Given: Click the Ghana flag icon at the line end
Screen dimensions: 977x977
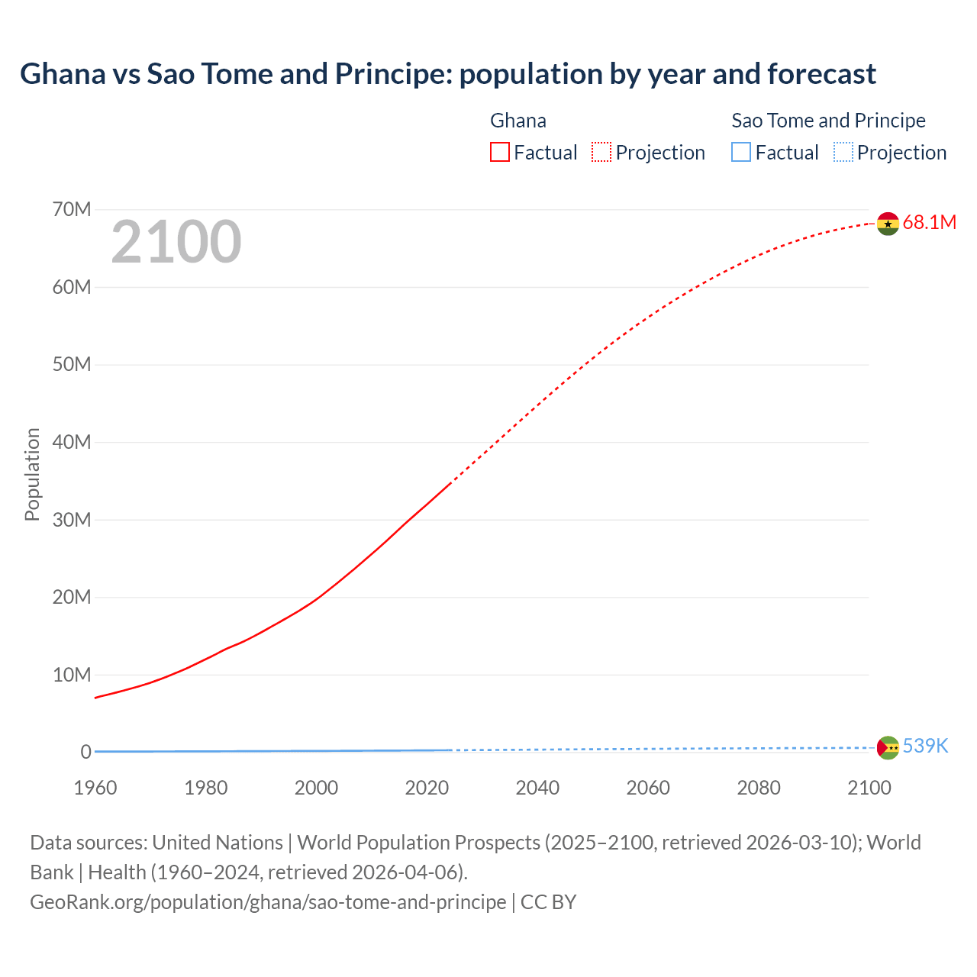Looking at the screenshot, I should tap(888, 224).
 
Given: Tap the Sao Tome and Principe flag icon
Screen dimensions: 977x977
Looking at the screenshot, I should tap(888, 748).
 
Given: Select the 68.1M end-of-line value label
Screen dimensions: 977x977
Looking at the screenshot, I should tap(929, 223).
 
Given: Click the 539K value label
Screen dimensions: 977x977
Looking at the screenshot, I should tap(925, 746).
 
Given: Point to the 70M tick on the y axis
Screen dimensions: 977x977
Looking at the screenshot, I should tap(72, 209).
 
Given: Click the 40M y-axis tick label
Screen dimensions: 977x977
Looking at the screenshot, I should tap(72, 442).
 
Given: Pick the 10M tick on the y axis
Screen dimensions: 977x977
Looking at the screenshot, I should tap(72, 675).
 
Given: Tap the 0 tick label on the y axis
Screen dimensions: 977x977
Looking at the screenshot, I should tap(85, 753).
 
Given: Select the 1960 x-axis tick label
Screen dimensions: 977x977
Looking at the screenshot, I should tap(95, 788).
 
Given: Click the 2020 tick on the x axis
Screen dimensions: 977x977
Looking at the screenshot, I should tap(427, 788).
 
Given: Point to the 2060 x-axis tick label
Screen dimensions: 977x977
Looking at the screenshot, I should tap(648, 788).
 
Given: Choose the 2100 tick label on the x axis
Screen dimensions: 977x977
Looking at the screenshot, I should tap(869, 788).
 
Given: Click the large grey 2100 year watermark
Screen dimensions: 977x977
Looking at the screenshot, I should tap(176, 242).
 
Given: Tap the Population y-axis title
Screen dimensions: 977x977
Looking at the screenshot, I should tap(32, 474).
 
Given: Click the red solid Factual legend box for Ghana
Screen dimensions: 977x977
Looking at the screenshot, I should tap(500, 153).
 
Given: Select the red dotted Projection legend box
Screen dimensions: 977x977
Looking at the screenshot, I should tap(601, 153).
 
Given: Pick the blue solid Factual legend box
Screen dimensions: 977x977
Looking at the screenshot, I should tap(741, 153).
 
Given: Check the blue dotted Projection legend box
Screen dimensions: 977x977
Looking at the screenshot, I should tap(843, 153).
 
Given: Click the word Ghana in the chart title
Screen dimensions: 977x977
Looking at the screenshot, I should tap(63, 74).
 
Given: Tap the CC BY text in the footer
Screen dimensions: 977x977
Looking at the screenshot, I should tap(548, 902).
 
